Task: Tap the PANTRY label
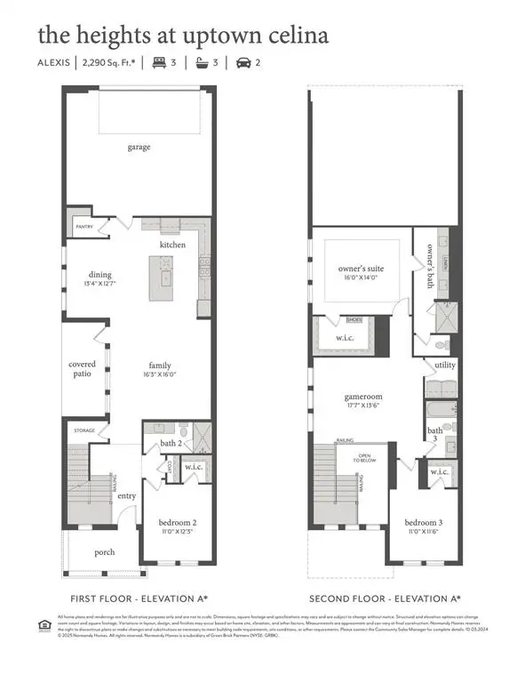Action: tap(84, 227)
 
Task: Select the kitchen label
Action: tap(172, 245)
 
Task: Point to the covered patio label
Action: tap(83, 369)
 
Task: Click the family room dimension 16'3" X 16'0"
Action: tap(160, 374)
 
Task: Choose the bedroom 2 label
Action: tap(177, 522)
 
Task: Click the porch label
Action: tap(105, 551)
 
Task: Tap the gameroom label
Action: tap(363, 399)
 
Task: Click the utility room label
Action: tap(444, 365)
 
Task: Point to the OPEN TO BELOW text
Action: tap(365, 461)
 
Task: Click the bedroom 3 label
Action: tap(423, 522)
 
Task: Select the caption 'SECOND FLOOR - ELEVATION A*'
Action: tap(385, 599)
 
